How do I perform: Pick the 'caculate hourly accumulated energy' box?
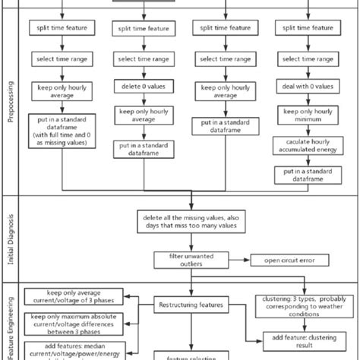pyautogui.click(x=308, y=146)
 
